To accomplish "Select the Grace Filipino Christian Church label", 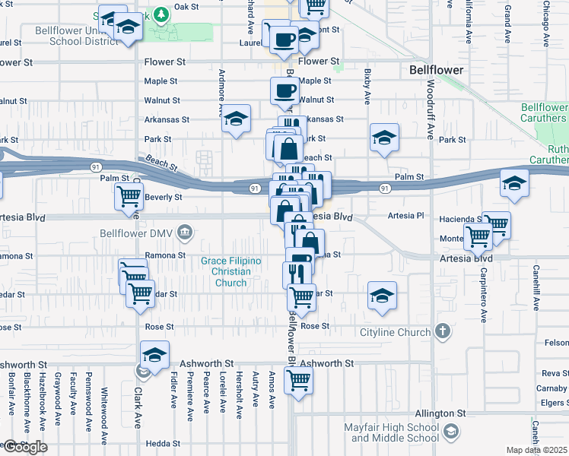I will [230, 272].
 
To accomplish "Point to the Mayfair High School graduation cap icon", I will [451, 432].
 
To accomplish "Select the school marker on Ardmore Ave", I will [237, 119].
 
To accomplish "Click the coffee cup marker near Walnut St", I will [285, 92].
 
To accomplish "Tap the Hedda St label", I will [157, 443].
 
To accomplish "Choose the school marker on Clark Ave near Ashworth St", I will [154, 356].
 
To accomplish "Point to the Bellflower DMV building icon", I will [184, 232].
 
